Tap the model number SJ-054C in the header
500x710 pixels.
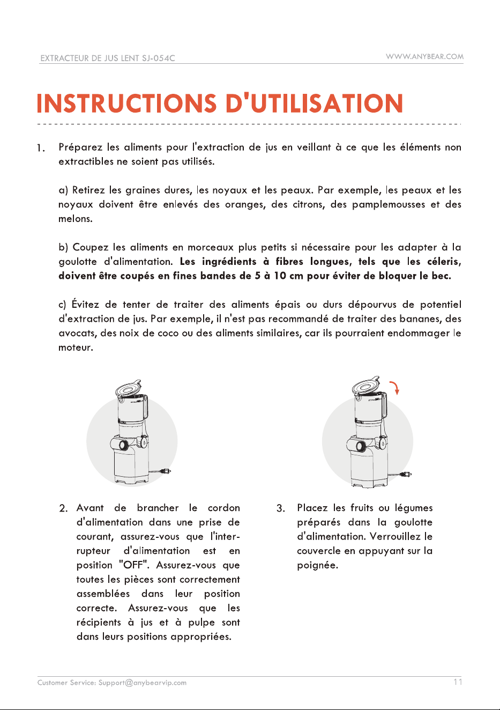[x=159, y=58]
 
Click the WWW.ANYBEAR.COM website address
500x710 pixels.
[x=424, y=57]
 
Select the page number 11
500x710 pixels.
[x=458, y=682]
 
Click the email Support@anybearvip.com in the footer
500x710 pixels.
[x=142, y=683]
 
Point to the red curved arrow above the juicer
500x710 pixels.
[x=395, y=388]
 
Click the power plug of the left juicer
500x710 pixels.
[x=166, y=471]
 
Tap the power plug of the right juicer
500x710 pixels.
[x=407, y=475]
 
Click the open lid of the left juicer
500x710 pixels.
[x=128, y=388]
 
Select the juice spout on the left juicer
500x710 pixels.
[x=123, y=445]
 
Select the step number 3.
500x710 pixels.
[x=280, y=508]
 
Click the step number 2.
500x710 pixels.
[x=63, y=508]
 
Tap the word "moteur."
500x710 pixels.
[x=76, y=347]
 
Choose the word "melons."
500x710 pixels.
[x=76, y=219]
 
